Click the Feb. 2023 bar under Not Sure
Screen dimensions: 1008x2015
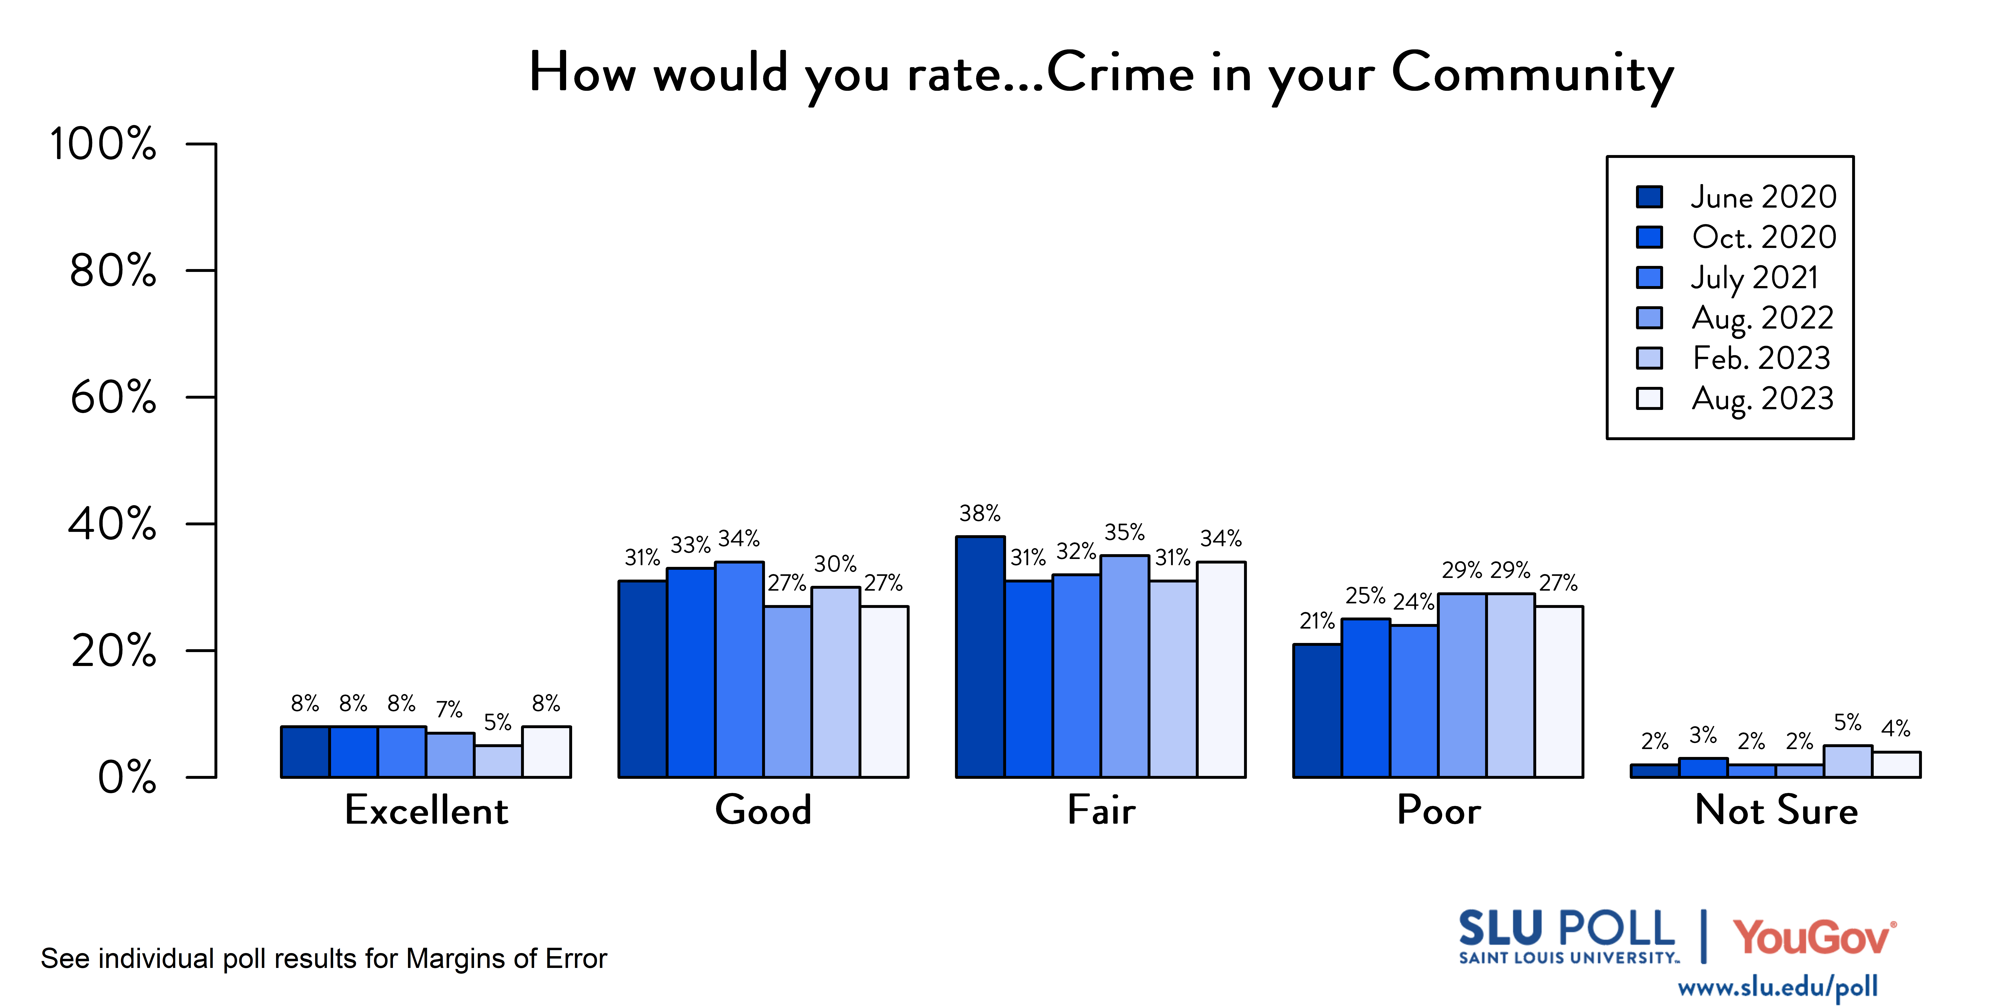[x=1848, y=762]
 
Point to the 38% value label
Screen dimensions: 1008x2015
[x=980, y=513]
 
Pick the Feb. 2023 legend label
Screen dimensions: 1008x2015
[x=1761, y=358]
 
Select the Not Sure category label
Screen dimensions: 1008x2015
[x=1776, y=810]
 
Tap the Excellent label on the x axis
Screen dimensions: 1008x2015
[x=426, y=810]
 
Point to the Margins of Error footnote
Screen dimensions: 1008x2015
[x=324, y=959]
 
